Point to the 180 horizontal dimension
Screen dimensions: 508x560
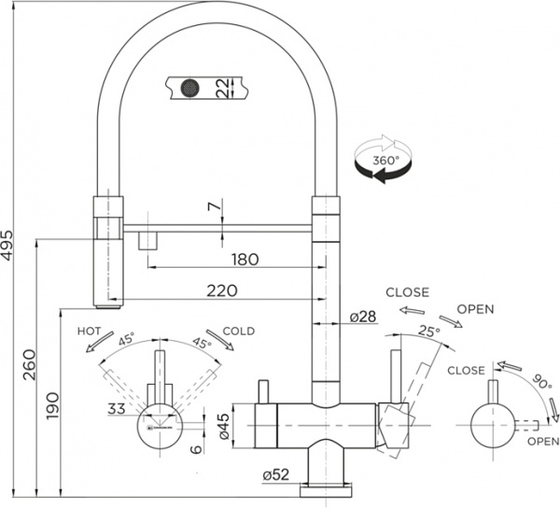(244, 260)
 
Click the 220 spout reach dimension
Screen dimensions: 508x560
(220, 291)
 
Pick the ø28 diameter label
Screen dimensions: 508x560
(362, 317)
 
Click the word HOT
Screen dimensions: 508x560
(90, 331)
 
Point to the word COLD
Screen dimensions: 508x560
(238, 331)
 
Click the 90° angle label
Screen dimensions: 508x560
(539, 380)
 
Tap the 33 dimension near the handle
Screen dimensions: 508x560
(117, 408)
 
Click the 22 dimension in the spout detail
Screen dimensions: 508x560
(222, 89)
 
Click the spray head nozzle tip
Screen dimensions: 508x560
(108, 304)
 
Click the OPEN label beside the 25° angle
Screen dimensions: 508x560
(476, 309)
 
